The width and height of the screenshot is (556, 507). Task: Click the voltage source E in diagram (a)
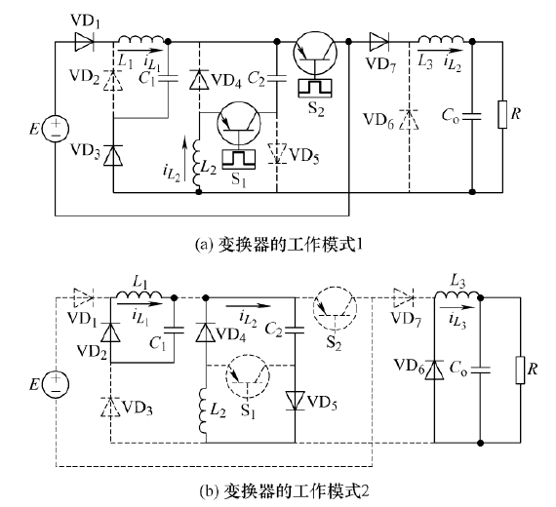tap(56, 129)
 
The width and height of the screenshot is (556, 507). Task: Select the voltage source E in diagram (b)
tap(56, 384)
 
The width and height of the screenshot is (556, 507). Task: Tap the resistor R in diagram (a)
tap(502, 114)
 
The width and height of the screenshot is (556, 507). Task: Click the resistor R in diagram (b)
tap(520, 370)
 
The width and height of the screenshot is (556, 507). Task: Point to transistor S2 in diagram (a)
tap(315, 53)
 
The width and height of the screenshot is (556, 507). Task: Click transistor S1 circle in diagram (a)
tap(239, 124)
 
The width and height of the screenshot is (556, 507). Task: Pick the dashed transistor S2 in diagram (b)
tap(336, 308)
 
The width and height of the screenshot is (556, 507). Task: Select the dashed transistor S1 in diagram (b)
tap(248, 375)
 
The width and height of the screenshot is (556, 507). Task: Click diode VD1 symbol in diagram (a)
tap(84, 42)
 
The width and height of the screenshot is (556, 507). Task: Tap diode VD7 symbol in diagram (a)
tap(378, 42)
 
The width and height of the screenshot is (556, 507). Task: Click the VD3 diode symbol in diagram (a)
tap(113, 155)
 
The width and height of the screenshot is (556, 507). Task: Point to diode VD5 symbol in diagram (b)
tap(296, 401)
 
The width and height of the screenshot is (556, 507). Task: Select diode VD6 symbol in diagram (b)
tap(435, 370)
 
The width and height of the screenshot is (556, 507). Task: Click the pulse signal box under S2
tap(315, 88)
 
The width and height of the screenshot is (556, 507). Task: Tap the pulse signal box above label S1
tap(239, 159)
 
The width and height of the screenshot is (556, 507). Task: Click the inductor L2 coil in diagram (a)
tap(197, 164)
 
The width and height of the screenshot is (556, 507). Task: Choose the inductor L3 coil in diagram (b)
tap(457, 294)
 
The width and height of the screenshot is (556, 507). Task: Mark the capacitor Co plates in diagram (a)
tap(472, 116)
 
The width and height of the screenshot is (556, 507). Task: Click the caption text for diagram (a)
tap(279, 245)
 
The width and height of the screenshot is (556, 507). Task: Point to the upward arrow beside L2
tap(184, 159)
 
